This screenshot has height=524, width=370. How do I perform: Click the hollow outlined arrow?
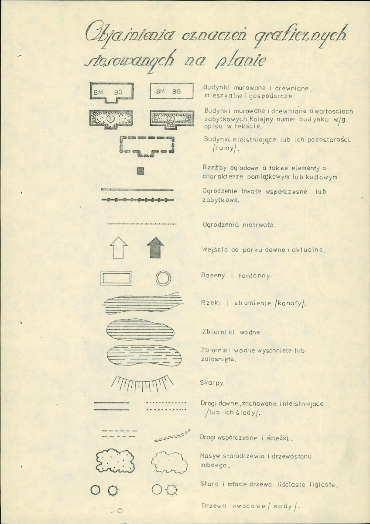coord(119,247)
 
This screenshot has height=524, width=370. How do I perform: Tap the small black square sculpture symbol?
coord(140,171)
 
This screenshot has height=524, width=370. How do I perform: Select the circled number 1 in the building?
coord(110,119)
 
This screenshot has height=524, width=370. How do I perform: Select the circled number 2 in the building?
coord(171,119)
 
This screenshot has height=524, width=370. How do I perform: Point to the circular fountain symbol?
coord(163,278)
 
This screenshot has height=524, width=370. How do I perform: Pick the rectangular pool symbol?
coord(101,278)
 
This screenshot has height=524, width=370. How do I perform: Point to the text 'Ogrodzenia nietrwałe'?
coord(239,225)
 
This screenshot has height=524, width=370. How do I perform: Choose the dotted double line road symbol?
coord(166,407)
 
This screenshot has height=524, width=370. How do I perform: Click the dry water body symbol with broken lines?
coord(144,355)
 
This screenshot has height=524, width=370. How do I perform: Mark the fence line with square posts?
coord(138,200)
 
